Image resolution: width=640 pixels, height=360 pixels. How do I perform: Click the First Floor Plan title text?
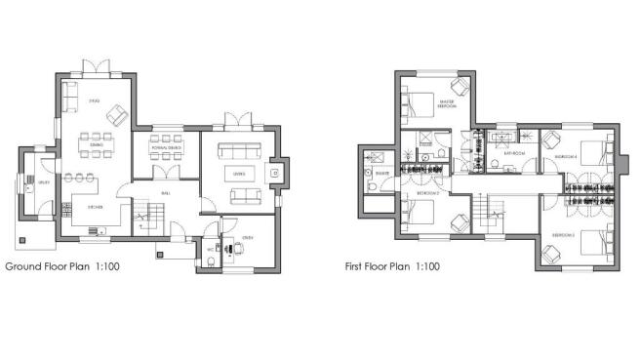pos(391,265)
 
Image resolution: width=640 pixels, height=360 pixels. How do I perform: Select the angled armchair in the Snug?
pos(114,114)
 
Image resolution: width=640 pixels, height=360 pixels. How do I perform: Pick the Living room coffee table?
pos(238,173)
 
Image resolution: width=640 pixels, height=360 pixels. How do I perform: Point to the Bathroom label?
pos(515,154)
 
